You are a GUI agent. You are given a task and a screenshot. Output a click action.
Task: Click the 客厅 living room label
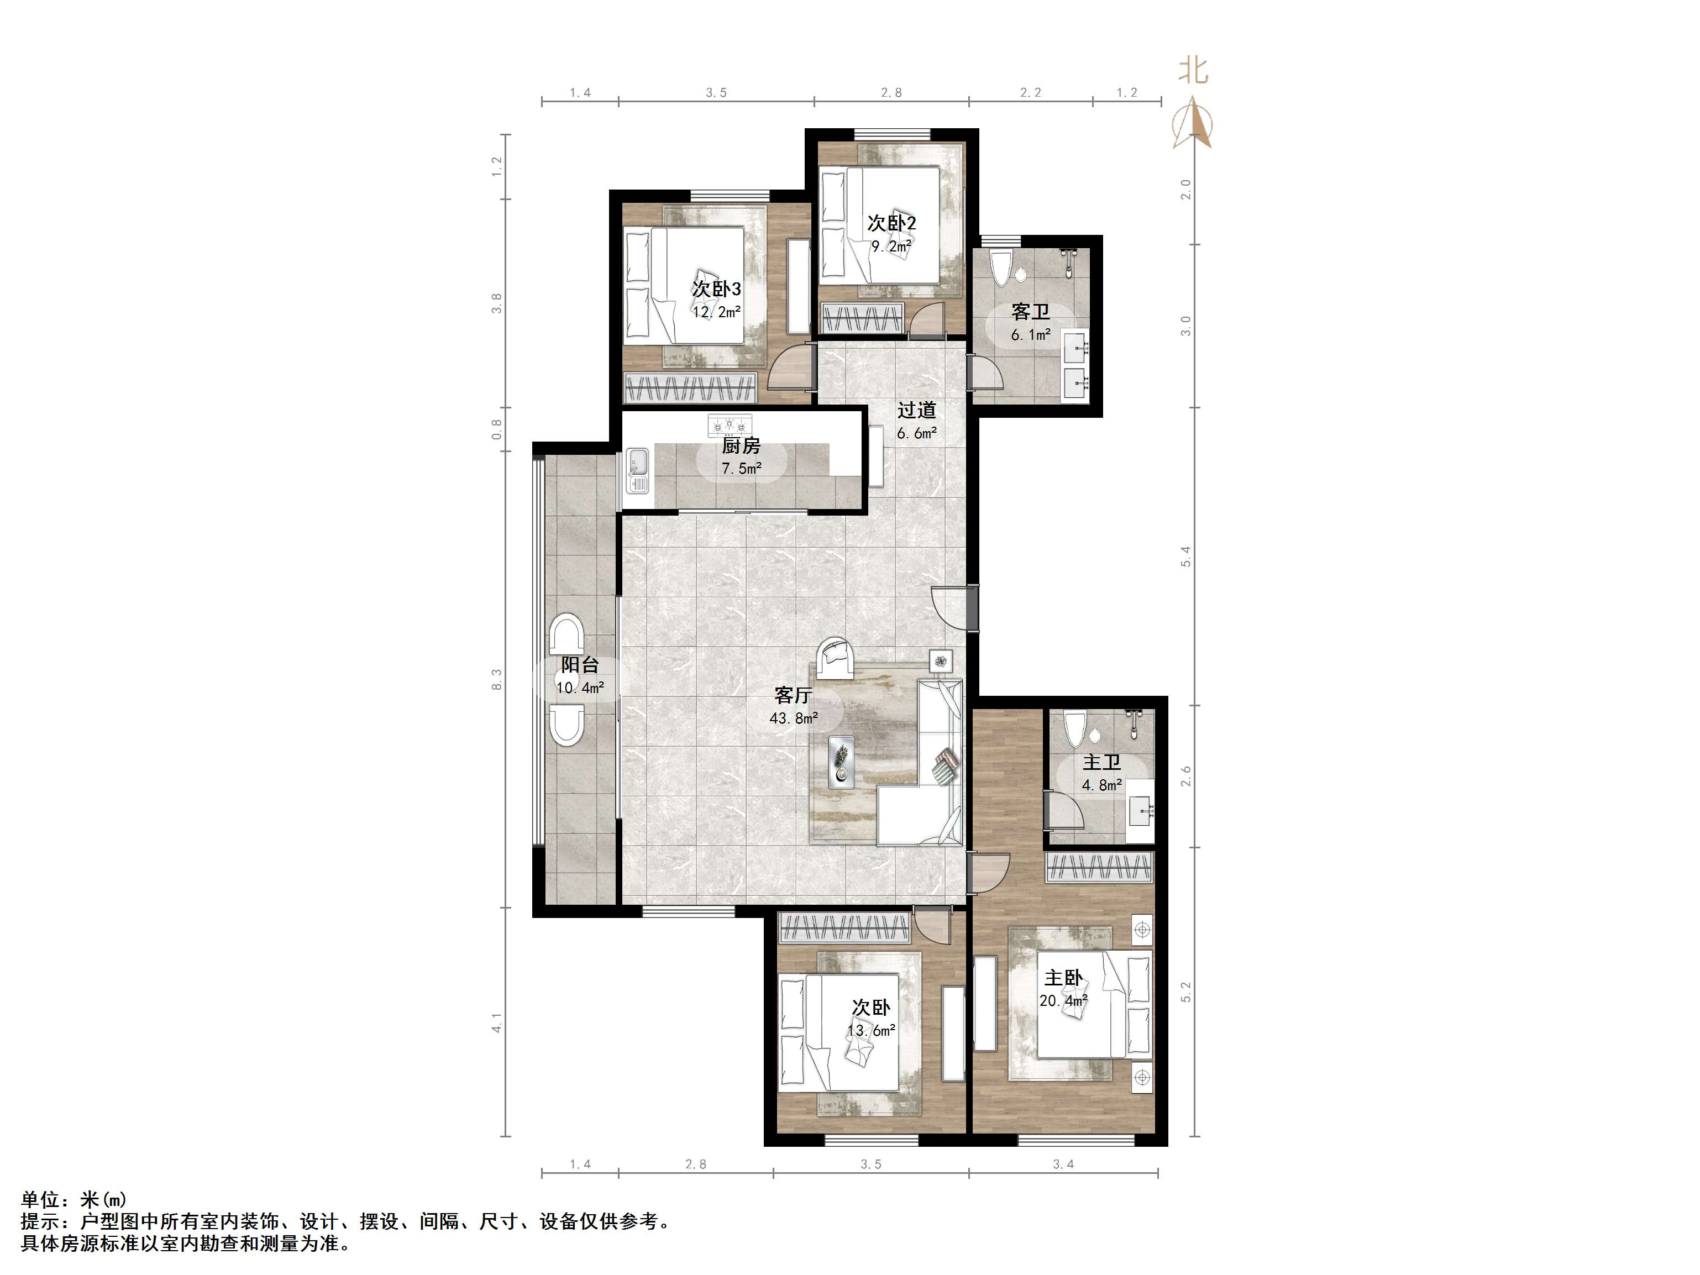793,695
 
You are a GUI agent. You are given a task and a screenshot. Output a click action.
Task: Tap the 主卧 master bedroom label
1064,978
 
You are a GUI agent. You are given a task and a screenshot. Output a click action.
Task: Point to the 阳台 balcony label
580,665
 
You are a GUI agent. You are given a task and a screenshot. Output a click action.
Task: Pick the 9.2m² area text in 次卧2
891,246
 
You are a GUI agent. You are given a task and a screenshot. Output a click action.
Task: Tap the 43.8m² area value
794,718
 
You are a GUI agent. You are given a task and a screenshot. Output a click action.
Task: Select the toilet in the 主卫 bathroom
1074,728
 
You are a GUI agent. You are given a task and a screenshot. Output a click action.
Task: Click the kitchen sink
637,470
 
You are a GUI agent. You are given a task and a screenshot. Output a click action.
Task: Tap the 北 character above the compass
1194,71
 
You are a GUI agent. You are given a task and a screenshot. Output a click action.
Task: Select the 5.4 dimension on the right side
1186,557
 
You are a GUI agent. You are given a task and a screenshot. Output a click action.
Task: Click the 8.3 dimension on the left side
497,679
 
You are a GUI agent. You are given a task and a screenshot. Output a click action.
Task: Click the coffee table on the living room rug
842,762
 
